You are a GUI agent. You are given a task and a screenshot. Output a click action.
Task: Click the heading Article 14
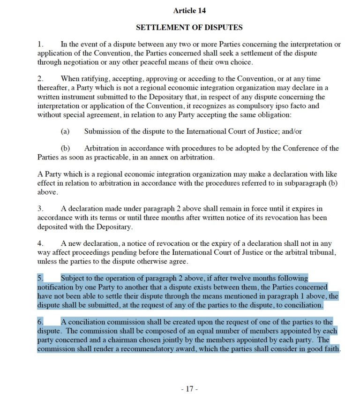pyautogui.click(x=189, y=10)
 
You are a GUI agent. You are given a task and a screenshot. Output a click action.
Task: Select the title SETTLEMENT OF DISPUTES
pyautogui.click(x=189, y=27)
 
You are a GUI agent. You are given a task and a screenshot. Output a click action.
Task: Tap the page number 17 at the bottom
pyautogui.click(x=189, y=389)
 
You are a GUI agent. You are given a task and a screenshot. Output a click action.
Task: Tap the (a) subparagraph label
pyautogui.click(x=65, y=131)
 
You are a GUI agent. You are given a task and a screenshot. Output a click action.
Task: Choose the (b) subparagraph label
pyautogui.click(x=65, y=148)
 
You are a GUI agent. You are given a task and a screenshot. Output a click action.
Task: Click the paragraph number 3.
pyautogui.click(x=40, y=208)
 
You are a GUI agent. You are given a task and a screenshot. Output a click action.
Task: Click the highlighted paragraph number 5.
pyautogui.click(x=40, y=278)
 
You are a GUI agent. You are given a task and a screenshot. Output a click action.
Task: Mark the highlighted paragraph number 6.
pyautogui.click(x=40, y=322)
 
